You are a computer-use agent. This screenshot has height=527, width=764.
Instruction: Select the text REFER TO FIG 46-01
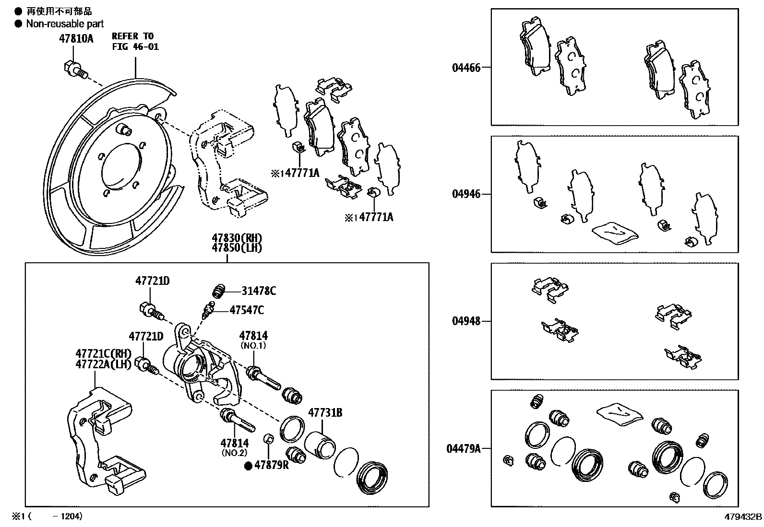(x=135, y=41)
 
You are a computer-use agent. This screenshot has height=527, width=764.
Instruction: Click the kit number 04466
(x=466, y=68)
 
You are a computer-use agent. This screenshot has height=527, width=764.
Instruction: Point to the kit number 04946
(x=466, y=194)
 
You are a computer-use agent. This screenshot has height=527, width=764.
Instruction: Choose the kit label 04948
(x=466, y=321)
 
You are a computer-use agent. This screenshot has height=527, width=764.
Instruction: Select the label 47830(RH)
(x=238, y=238)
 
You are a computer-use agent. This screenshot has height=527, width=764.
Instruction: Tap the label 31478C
(x=259, y=291)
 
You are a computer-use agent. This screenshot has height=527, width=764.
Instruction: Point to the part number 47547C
(x=247, y=310)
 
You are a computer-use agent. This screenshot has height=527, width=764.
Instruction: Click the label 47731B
(x=325, y=412)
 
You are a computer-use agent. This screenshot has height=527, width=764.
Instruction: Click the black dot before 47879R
(x=249, y=465)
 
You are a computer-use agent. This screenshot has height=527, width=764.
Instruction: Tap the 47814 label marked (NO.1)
(x=253, y=336)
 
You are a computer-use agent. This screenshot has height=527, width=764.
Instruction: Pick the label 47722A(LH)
(x=103, y=364)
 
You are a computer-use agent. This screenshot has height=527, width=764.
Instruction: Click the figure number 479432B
(x=743, y=517)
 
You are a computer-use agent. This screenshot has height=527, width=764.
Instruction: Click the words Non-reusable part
(x=65, y=23)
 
